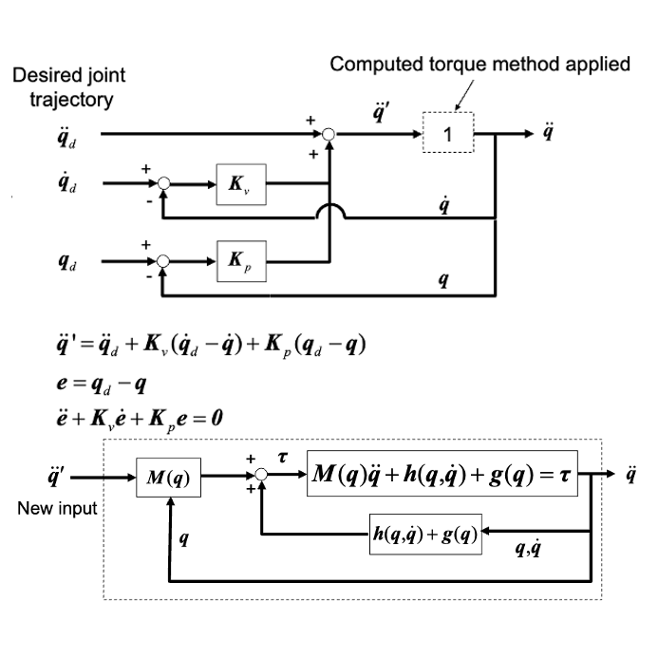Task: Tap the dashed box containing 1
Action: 449,135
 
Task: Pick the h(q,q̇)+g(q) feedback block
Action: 424,534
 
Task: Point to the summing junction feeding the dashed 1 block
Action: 329,135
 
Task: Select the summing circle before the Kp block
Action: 163,259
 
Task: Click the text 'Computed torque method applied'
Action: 479,65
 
